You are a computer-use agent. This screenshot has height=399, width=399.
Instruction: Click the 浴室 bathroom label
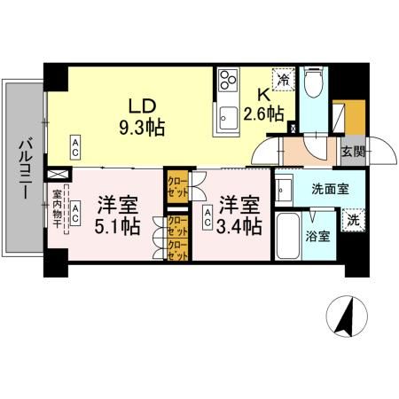point(317,237)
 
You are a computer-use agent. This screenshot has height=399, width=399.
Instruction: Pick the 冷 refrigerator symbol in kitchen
point(284,81)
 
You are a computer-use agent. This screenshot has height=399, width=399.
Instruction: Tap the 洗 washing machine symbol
point(351,221)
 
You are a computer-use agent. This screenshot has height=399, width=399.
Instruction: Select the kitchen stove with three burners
point(227,82)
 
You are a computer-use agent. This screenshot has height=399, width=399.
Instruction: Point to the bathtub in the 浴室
point(288,237)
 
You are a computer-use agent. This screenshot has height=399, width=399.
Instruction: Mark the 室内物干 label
point(56,208)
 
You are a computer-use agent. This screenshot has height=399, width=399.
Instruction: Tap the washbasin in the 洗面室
point(285,187)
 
